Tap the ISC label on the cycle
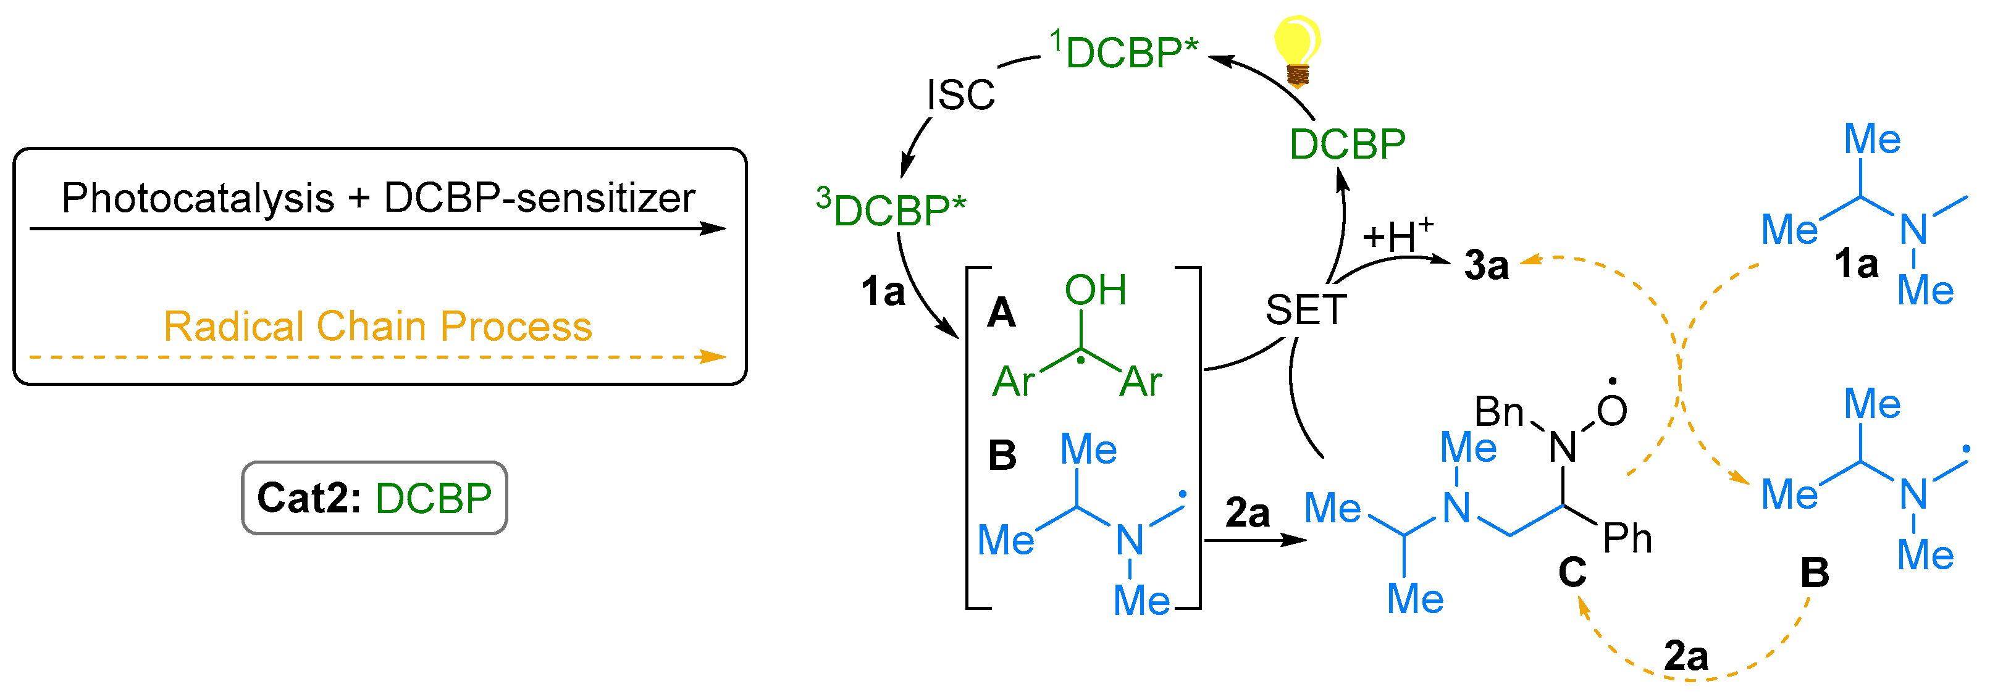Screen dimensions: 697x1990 click(960, 95)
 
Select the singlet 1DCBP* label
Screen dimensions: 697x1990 click(1125, 51)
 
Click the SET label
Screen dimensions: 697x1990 click(1306, 309)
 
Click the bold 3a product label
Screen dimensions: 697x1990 click(1485, 265)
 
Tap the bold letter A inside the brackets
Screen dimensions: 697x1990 click(1001, 312)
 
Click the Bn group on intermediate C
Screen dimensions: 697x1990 click(1499, 411)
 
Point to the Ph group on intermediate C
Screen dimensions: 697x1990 click(1627, 538)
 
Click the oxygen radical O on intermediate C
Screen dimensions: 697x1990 click(1611, 410)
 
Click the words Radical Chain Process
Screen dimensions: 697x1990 click(378, 326)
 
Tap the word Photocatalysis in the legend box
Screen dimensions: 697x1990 click(198, 198)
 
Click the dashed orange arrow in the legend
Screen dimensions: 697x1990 click(378, 357)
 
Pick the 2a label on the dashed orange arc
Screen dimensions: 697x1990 click(1686, 656)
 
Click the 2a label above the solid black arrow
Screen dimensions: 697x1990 click(1247, 513)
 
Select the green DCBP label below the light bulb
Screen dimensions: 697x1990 click(1347, 144)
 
